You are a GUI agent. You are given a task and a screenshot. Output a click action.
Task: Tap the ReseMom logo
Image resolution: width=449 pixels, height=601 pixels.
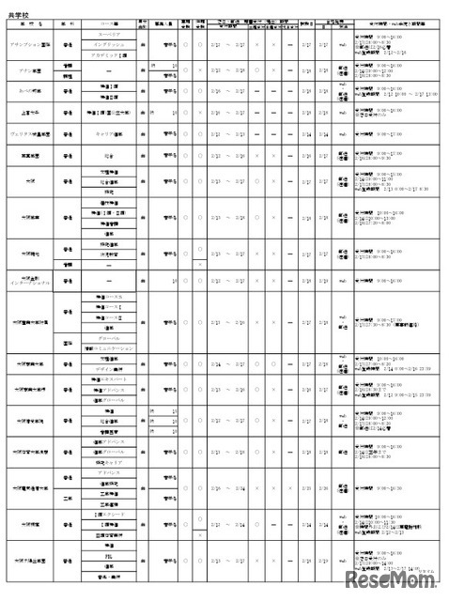point(395,576)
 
